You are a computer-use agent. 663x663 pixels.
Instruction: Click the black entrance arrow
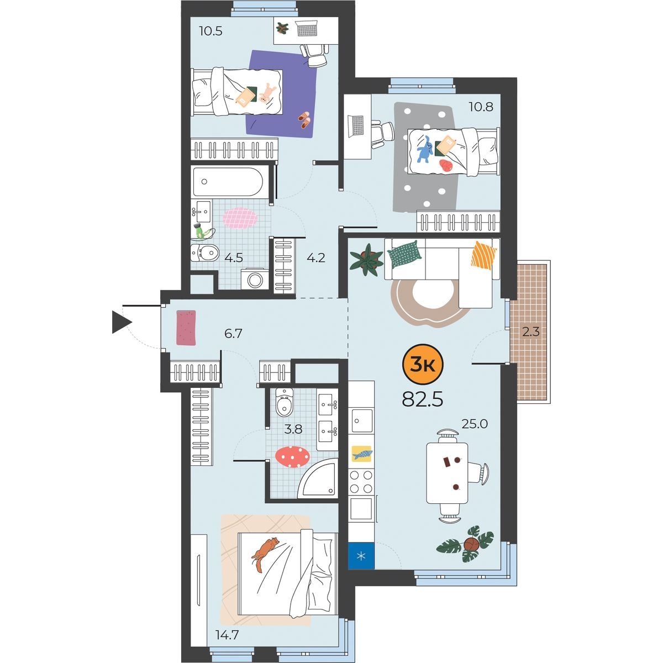pos(122,322)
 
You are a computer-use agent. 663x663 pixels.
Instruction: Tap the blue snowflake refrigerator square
pos(361,556)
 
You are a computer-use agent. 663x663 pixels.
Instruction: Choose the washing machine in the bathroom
pos(255,279)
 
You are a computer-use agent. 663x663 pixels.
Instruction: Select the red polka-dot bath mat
pos(292,456)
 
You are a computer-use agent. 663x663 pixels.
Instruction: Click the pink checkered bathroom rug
pos(240,218)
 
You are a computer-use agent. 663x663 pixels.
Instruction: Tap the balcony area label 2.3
pos(530,332)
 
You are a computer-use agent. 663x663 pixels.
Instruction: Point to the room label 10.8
pos(481,107)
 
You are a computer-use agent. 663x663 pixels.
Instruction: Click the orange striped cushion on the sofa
pos(484,256)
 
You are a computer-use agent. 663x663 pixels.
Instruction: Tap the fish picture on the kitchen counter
pos(362,454)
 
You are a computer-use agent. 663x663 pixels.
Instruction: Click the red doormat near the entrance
pos(186,328)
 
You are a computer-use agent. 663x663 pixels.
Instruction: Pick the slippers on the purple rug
pos(304,120)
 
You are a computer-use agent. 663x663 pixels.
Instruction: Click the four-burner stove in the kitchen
pos(361,482)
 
